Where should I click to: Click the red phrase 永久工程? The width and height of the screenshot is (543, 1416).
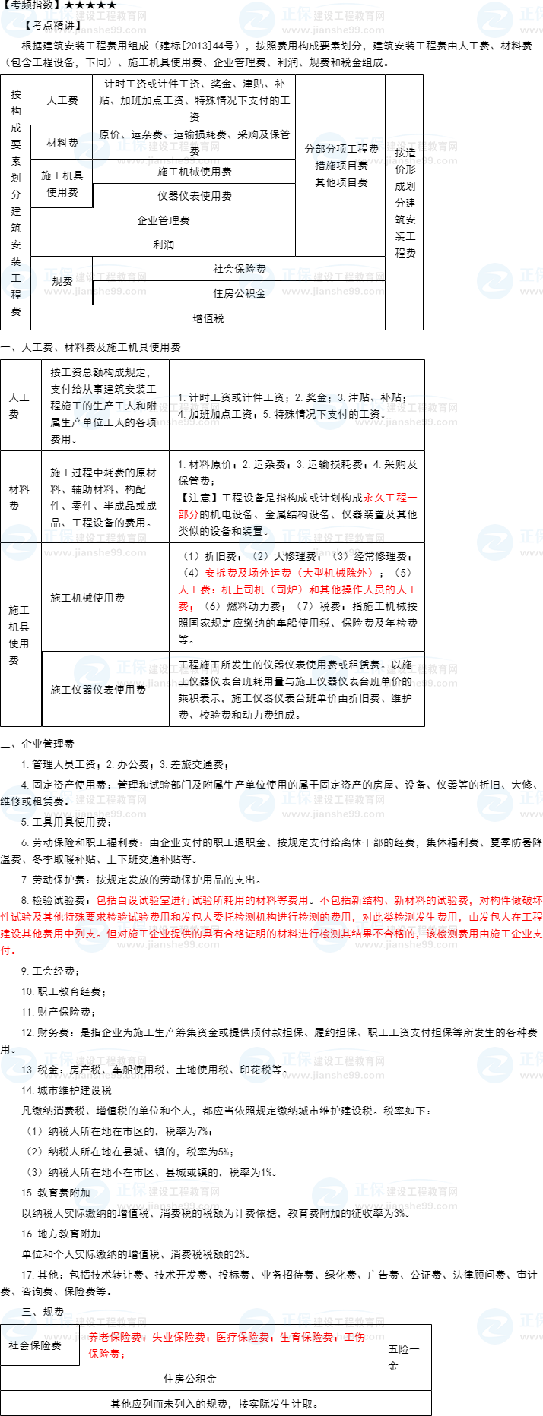click(385, 498)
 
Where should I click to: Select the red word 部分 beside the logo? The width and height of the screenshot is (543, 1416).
click(189, 515)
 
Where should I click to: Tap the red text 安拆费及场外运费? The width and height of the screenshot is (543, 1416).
click(248, 573)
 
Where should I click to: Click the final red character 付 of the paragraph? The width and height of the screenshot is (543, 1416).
click(5, 951)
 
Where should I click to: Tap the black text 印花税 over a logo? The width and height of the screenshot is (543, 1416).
click(256, 1070)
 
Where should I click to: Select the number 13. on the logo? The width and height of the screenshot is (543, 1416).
click(27, 1070)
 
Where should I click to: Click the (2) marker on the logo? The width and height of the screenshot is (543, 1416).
click(260, 555)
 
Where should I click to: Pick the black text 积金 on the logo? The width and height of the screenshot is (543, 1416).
click(256, 293)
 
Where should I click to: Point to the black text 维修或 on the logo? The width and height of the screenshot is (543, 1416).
click(17, 801)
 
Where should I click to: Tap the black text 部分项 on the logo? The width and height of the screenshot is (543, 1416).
click(331, 150)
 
